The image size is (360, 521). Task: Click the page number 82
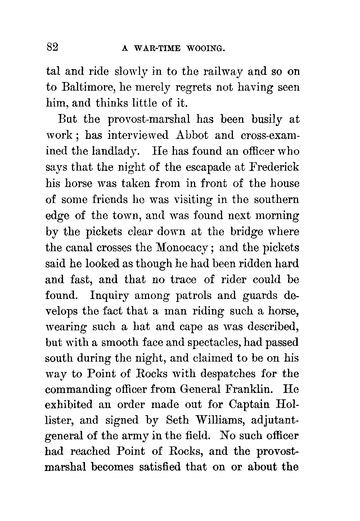(53, 47)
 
